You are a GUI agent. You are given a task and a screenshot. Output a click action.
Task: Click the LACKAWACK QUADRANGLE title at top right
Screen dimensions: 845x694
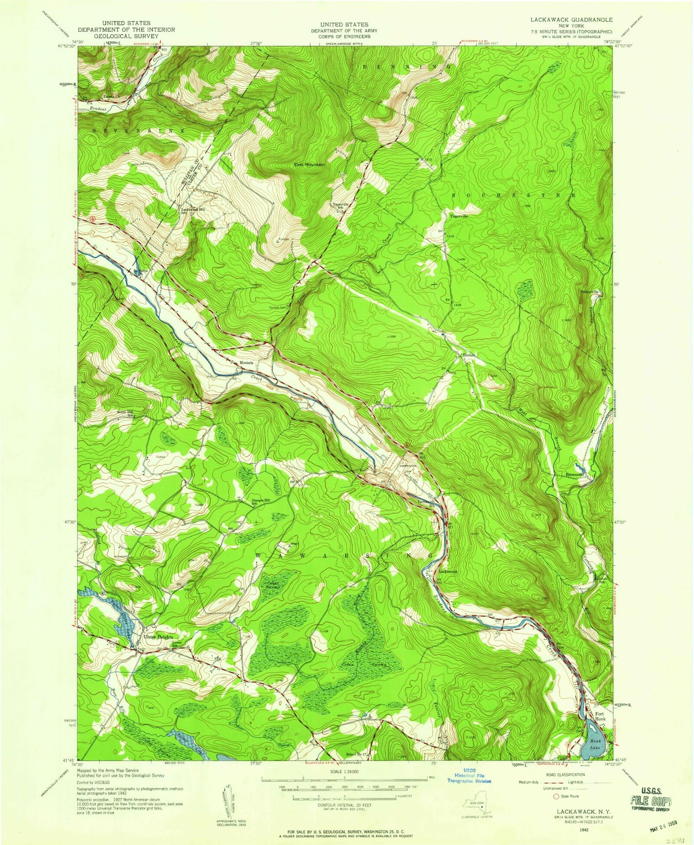(x=571, y=20)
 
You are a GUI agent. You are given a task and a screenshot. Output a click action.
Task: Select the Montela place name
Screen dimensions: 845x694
(x=246, y=363)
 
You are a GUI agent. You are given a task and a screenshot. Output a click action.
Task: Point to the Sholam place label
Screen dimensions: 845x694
(x=469, y=355)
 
